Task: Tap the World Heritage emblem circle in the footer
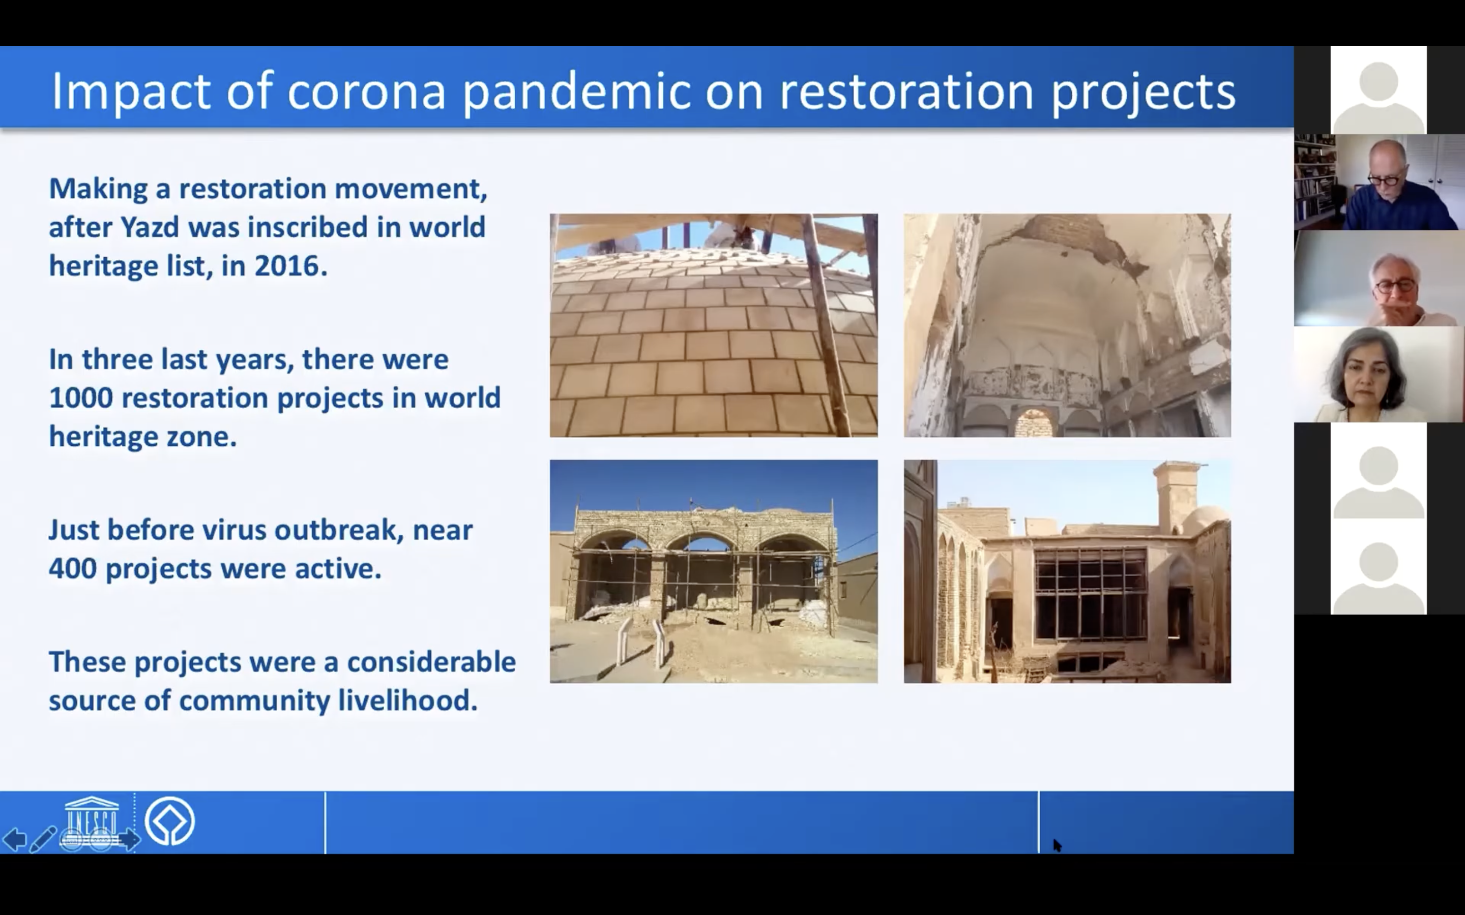(x=170, y=821)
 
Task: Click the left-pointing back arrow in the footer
(x=15, y=839)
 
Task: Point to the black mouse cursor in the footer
(x=1057, y=845)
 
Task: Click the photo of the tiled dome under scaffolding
(x=714, y=325)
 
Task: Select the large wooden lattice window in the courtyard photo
(x=1090, y=594)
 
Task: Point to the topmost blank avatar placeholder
(x=1379, y=90)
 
